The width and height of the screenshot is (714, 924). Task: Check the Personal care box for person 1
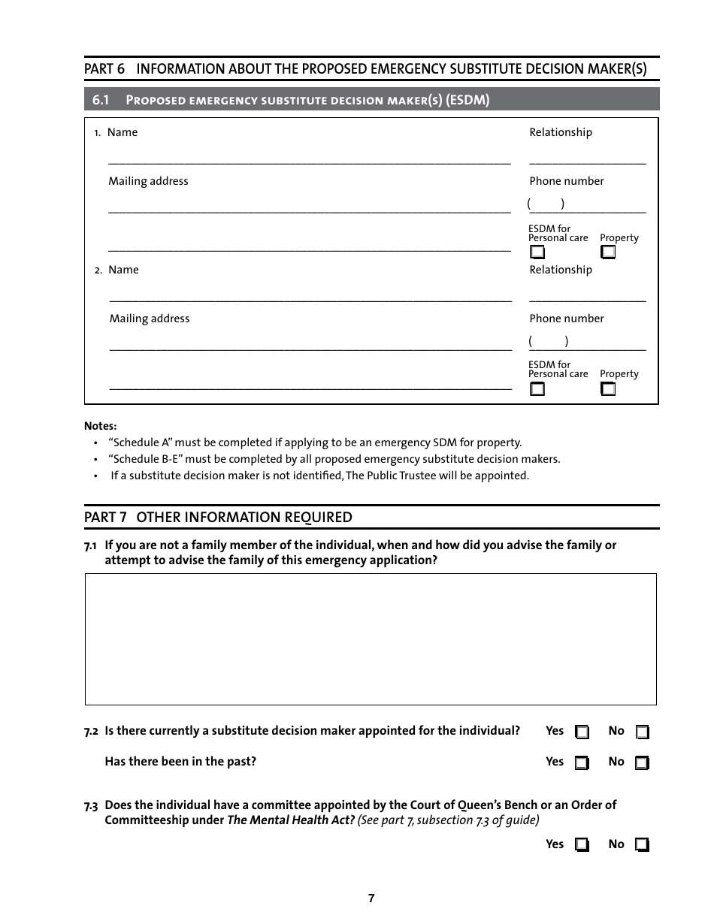[x=537, y=252]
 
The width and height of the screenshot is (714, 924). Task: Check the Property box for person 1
[x=608, y=252]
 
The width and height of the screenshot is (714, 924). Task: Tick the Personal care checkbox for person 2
[x=537, y=389]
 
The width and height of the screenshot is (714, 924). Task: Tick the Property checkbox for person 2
[x=608, y=389]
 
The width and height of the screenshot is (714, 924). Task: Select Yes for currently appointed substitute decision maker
[x=582, y=732]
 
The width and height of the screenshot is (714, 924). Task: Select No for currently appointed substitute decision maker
[x=642, y=732]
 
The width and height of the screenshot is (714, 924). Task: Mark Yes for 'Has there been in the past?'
[x=582, y=763]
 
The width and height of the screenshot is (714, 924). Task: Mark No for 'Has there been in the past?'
[x=642, y=763]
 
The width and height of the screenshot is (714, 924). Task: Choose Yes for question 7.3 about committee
[x=582, y=845]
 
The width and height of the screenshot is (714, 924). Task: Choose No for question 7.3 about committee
[x=642, y=845]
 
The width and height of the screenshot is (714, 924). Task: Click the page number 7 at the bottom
[x=371, y=898]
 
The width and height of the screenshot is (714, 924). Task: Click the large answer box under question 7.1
[x=371, y=639]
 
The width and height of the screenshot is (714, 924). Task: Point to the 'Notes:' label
[x=100, y=426]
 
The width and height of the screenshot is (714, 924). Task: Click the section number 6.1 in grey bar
[x=101, y=100]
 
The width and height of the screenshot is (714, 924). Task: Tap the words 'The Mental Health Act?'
[x=291, y=820]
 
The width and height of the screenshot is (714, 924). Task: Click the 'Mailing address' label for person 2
[x=150, y=319]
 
